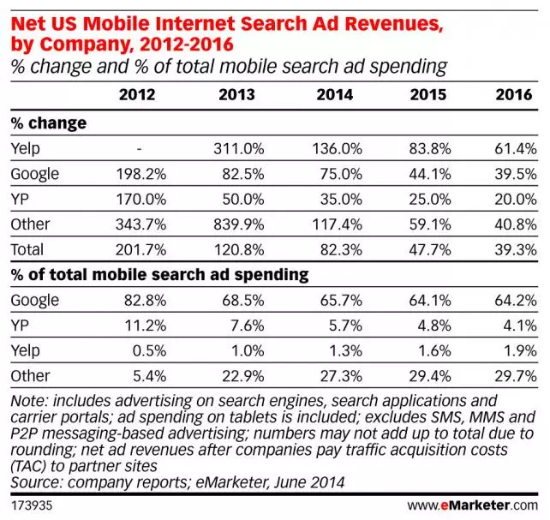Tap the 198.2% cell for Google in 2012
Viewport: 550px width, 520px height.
137,174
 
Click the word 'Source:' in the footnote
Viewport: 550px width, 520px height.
35,481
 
